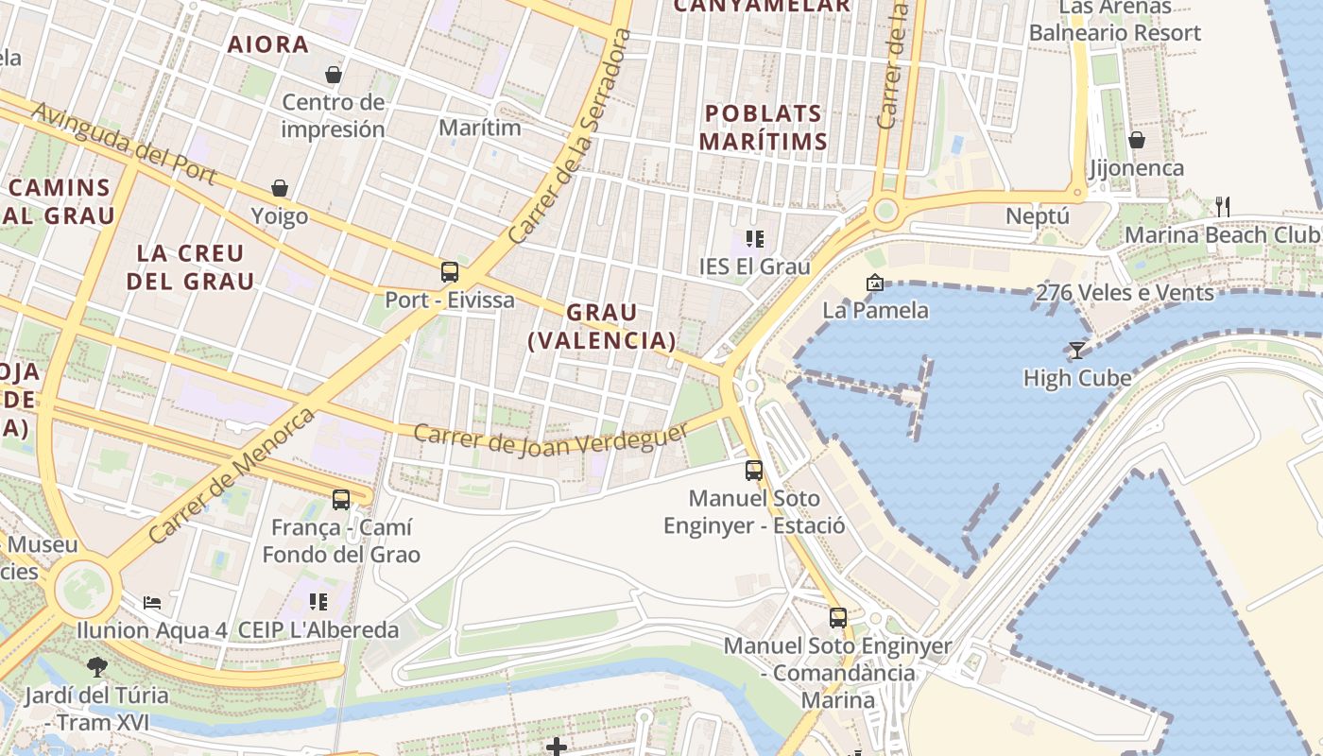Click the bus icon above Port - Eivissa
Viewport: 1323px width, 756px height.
click(450, 272)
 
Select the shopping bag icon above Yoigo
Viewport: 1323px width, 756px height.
click(280, 188)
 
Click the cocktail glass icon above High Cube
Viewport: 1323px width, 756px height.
click(1076, 351)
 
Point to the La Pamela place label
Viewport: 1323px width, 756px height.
click(875, 310)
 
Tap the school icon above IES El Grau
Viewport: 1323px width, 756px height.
click(754, 238)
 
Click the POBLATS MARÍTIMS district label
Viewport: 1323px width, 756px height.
click(765, 128)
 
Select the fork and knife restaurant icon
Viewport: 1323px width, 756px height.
click(1222, 206)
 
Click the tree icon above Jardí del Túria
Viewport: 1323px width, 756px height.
click(96, 667)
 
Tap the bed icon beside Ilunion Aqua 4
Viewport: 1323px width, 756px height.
click(152, 602)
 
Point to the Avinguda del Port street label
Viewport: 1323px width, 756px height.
click(124, 144)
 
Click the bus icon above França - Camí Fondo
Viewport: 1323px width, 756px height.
click(341, 499)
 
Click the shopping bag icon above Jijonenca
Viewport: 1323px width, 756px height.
click(1136, 140)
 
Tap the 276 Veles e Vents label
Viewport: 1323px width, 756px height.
click(1125, 293)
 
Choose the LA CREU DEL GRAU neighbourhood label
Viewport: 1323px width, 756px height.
click(191, 267)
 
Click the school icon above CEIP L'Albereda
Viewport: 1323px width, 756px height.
click(318, 601)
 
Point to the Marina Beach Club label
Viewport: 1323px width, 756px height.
click(1222, 234)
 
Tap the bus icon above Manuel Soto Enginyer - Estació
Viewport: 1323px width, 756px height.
click(754, 470)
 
